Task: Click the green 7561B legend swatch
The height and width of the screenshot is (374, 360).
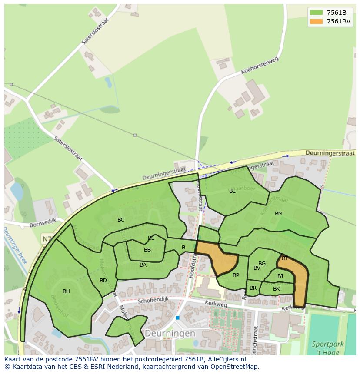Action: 317,13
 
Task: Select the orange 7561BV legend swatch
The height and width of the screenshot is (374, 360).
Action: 317,21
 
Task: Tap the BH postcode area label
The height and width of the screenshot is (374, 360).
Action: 66,291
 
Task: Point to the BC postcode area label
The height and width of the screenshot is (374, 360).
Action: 121,220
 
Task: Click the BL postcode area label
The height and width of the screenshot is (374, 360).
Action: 232,191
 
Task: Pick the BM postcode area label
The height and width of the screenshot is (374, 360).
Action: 279,214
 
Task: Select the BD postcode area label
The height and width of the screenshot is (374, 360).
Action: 103,281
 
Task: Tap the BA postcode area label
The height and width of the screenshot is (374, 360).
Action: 143,265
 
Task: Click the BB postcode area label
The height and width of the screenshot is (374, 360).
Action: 147,250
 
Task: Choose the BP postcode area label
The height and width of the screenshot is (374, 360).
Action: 236,275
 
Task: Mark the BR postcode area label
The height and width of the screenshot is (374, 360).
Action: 253,288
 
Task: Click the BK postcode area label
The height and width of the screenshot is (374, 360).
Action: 277,289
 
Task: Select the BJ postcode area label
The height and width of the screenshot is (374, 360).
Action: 280,276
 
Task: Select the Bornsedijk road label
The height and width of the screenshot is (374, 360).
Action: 43,225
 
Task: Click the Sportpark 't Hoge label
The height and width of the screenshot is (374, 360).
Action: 327,348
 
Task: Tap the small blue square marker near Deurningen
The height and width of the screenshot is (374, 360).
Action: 177,318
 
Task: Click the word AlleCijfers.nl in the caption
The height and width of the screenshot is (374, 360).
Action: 227,359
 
